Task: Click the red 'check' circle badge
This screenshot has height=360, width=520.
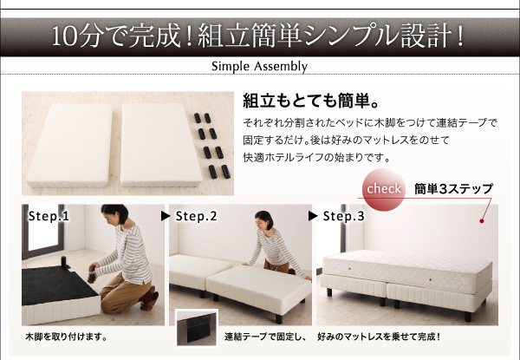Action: tap(384, 189)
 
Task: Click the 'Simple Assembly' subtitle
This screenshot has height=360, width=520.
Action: tap(259, 66)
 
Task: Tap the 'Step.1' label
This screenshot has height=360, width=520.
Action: tap(49, 216)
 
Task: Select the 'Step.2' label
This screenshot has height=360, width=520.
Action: tap(197, 216)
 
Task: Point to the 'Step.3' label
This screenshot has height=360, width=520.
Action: tap(343, 216)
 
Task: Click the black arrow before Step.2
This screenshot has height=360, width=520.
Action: tap(166, 216)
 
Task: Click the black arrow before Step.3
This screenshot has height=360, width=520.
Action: tap(313, 216)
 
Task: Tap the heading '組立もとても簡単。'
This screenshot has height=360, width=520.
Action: tap(311, 101)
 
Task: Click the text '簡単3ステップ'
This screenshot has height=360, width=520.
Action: tap(453, 189)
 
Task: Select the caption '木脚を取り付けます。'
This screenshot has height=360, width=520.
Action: tap(67, 337)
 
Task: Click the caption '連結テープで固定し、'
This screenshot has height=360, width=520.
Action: tap(265, 337)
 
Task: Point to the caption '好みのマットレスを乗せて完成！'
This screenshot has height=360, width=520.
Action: tap(379, 337)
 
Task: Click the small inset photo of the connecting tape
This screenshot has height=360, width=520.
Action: tap(197, 328)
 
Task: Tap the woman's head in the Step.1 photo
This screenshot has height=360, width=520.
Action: tap(114, 214)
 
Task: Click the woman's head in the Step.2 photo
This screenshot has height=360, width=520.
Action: tap(264, 220)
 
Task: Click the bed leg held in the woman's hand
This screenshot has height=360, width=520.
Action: tap(91, 275)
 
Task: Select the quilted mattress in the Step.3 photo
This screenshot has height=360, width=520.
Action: tap(407, 271)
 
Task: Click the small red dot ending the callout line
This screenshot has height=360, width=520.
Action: tap(482, 220)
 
